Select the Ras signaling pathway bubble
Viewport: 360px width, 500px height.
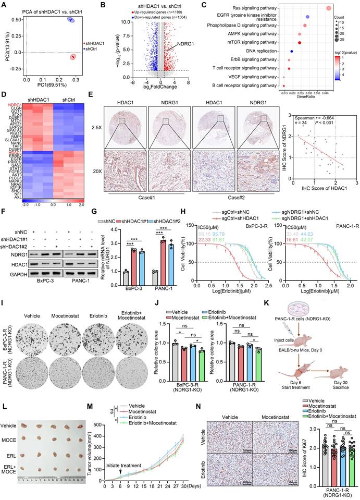tap(329, 8)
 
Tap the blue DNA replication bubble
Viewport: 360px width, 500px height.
tap(291, 51)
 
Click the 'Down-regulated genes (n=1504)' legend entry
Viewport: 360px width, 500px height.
tap(151, 16)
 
